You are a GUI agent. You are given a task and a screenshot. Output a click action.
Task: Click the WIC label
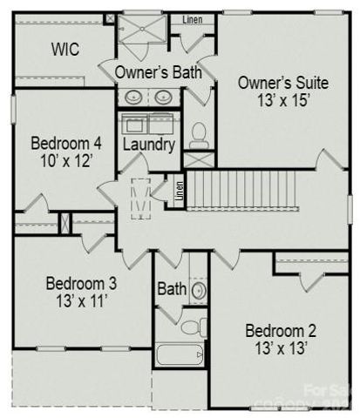pyautogui.click(x=65, y=50)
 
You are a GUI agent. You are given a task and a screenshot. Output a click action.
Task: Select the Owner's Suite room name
pyautogui.click(x=282, y=84)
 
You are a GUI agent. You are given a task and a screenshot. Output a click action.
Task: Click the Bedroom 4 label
pyautogui.click(x=67, y=143)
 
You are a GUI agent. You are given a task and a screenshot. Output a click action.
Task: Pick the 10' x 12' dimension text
pyautogui.click(x=67, y=161)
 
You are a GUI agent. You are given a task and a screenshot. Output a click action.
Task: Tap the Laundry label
pyautogui.click(x=149, y=144)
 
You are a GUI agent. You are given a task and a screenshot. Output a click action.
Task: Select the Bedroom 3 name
pyautogui.click(x=81, y=284)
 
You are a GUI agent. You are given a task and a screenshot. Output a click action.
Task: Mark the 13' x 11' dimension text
pyautogui.click(x=81, y=302)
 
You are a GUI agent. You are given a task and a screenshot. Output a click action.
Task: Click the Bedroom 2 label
pyautogui.click(x=280, y=331)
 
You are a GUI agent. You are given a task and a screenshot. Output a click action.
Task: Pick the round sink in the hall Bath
pyautogui.click(x=198, y=289)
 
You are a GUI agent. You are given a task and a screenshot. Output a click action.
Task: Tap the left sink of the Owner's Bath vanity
pyautogui.click(x=134, y=97)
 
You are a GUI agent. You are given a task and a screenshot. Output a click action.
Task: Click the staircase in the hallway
pyautogui.click(x=243, y=188)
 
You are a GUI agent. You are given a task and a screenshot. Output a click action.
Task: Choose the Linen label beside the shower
pyautogui.click(x=193, y=19)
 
